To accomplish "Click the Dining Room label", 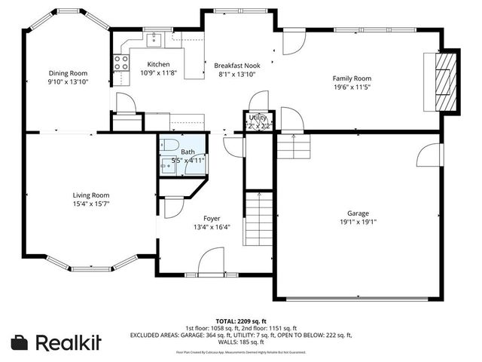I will (x=69, y=72).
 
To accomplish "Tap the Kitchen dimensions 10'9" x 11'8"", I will (x=157, y=73).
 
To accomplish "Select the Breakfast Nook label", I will (x=236, y=65).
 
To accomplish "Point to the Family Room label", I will (x=352, y=78).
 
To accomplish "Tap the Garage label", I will (x=358, y=213).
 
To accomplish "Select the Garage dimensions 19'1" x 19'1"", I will (x=358, y=222).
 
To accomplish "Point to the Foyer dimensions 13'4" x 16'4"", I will (x=212, y=226).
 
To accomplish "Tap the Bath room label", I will (x=187, y=152).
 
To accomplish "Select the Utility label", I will (x=259, y=118).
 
